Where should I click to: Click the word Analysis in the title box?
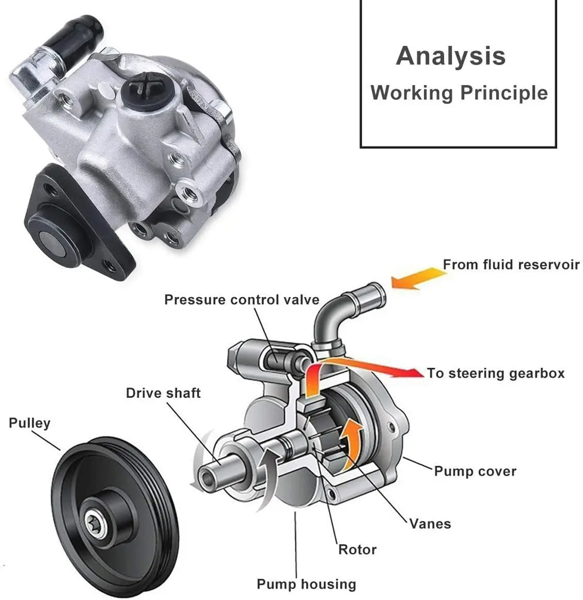450,56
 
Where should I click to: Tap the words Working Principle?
459,93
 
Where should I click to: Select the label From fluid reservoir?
511,264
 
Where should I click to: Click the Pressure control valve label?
242,300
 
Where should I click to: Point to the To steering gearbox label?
496,373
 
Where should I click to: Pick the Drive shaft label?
163,393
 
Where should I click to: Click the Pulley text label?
29,423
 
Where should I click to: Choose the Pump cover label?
475,471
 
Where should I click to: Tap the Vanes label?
431,523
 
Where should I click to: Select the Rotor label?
357,550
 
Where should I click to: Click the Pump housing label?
306,584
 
